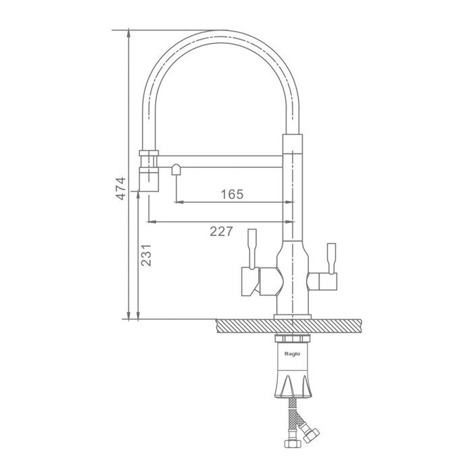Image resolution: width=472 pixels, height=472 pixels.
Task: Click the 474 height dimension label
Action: pos(121,188)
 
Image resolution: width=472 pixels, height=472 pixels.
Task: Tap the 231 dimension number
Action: pos(146,256)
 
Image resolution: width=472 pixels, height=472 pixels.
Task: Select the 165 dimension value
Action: pos(232,194)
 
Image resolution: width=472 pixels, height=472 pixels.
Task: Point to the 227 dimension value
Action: pos(221,231)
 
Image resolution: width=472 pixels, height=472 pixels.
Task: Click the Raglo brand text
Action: pos(292,354)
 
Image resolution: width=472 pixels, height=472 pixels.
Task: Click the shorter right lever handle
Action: pos(331,259)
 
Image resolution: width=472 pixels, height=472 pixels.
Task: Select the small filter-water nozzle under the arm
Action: pos(176,170)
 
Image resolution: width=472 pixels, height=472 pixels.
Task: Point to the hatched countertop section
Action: pos(289,326)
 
